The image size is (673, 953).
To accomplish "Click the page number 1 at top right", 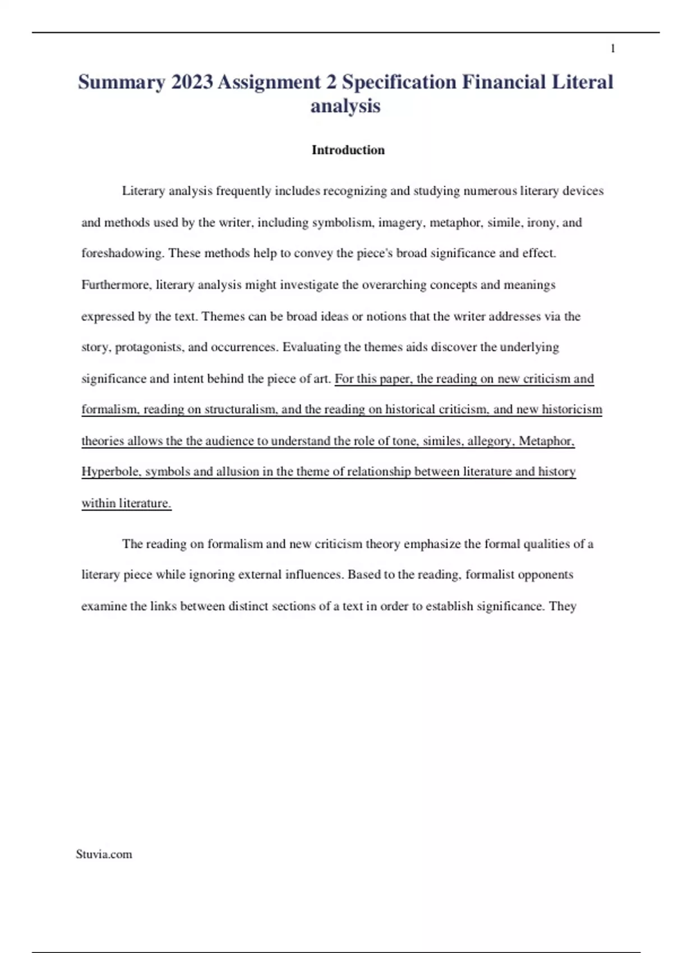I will tap(612, 49).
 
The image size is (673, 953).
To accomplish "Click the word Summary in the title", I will tap(121, 82).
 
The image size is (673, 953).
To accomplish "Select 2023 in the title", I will tap(192, 82).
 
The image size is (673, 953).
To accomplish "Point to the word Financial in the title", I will tap(504, 82).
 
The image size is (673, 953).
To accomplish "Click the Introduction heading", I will tap(348, 150).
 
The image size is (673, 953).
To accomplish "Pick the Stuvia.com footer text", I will tap(104, 854).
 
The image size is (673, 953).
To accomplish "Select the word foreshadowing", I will tap(122, 253).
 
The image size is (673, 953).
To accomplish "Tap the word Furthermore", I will tap(116, 285).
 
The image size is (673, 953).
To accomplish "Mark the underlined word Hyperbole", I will tap(111, 471).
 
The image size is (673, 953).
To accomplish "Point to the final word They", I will tap(563, 606).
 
